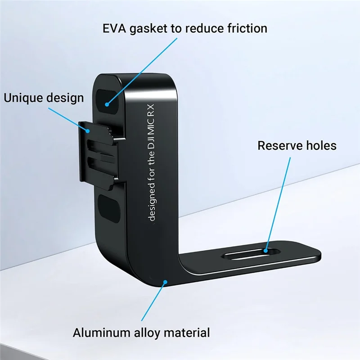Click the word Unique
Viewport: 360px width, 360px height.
point(24,97)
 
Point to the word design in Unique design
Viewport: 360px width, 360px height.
point(66,98)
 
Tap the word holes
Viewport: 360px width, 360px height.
point(319,145)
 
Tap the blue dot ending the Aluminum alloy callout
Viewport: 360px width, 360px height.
point(166,282)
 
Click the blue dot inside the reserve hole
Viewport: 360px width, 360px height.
point(266,250)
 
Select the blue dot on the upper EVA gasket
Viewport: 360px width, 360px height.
point(107,103)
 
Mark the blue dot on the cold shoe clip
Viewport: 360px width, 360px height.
point(89,131)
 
